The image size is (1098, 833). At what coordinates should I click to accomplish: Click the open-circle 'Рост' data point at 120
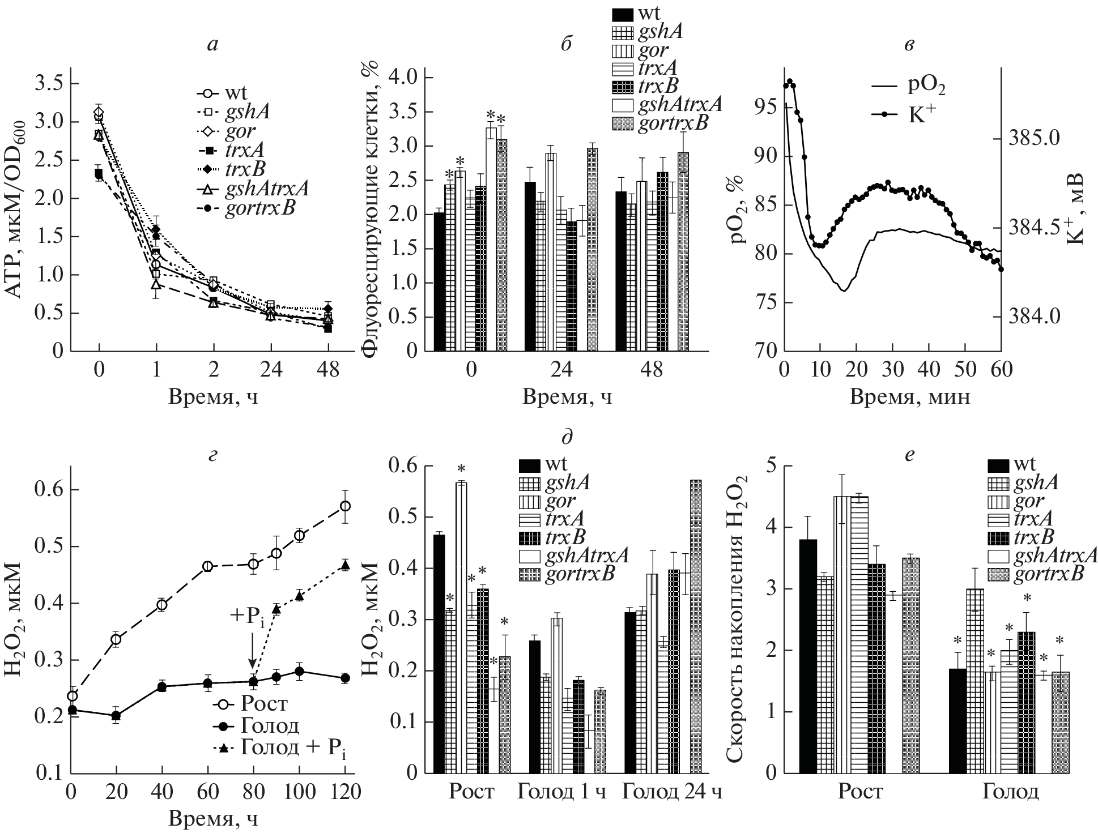345,506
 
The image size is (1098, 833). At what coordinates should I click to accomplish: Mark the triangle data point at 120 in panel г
345,565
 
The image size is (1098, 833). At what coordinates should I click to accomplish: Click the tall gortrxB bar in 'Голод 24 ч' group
695,626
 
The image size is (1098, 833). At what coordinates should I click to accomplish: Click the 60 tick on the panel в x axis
1001,370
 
